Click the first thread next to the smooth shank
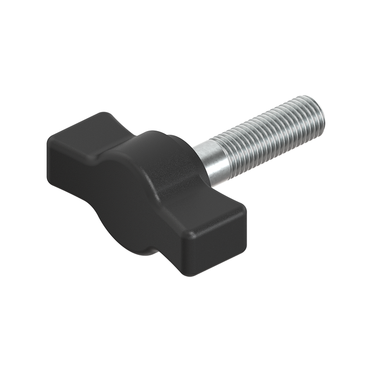[229, 153]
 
